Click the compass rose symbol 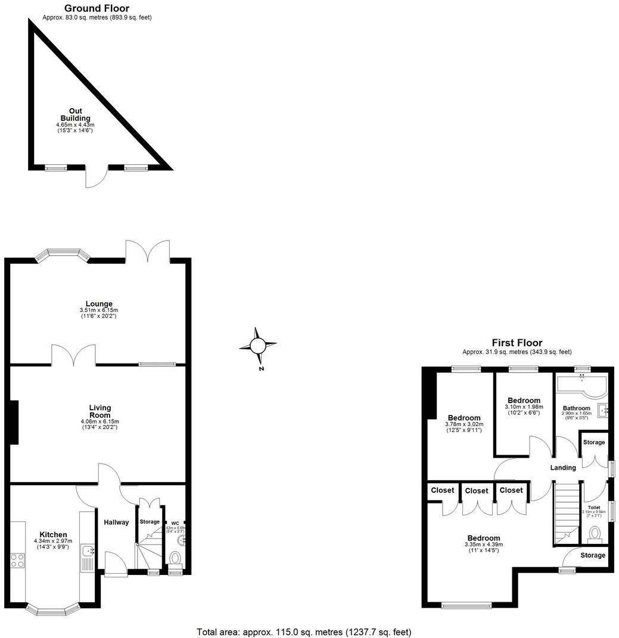(x=257, y=345)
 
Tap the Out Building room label (x=75, y=114)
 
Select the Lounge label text (x=98, y=304)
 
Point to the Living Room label (x=99, y=411)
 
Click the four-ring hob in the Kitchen (x=17, y=560)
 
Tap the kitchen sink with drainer (x=87, y=558)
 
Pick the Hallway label (x=116, y=523)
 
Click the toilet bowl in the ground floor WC (x=175, y=558)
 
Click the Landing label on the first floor (x=563, y=468)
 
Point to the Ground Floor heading (x=97, y=8)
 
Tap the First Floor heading (x=517, y=343)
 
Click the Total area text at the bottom (x=304, y=631)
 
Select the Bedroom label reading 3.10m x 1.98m (x=524, y=401)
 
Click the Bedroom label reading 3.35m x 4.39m (x=483, y=538)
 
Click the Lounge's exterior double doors (x=147, y=250)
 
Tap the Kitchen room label (x=54, y=534)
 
